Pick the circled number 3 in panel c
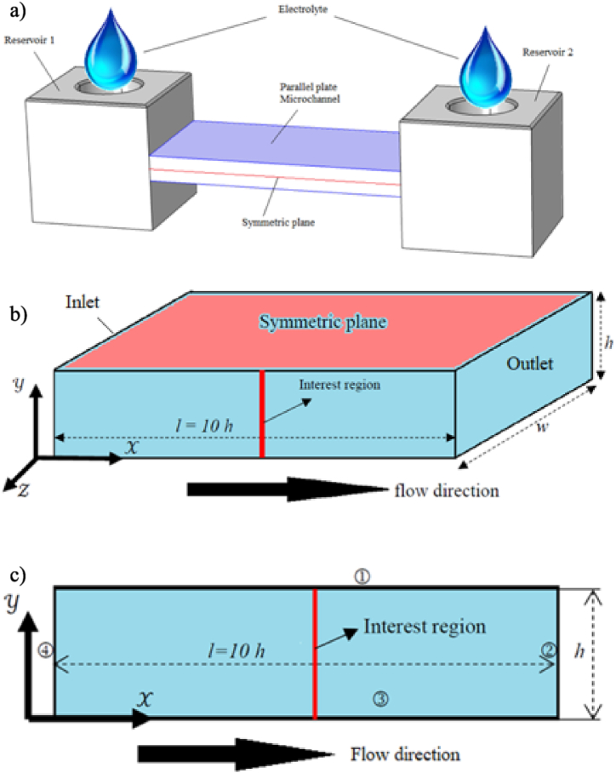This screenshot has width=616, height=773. (x=381, y=699)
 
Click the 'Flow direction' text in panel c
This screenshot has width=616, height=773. (x=404, y=754)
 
